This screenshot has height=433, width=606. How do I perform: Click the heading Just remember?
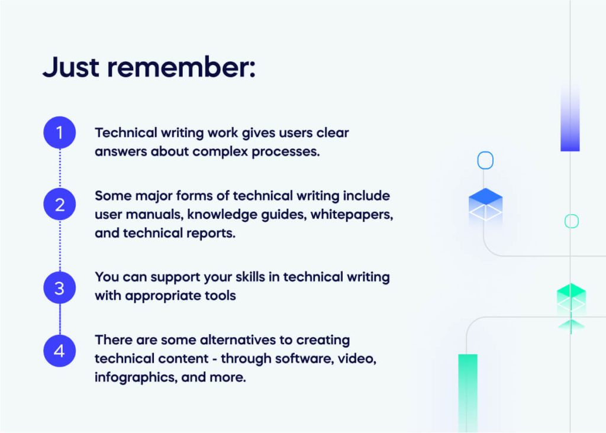149,67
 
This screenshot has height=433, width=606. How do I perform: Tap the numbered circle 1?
60,133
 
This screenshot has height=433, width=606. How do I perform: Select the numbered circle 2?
60,204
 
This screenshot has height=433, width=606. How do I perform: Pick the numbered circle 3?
60,287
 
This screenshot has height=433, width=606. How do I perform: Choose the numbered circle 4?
60,351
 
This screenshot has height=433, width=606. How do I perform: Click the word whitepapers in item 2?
352,215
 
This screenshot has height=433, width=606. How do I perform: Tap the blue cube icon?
485,205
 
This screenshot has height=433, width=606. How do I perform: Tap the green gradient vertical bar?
468,393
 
